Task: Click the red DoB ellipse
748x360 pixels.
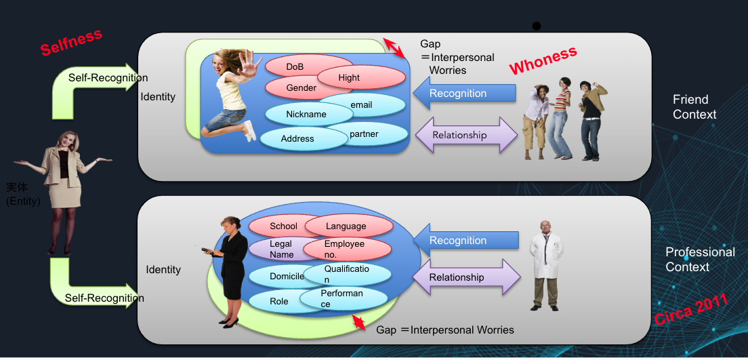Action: click(295, 66)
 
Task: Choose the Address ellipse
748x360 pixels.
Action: click(297, 139)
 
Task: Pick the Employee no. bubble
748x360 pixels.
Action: click(347, 249)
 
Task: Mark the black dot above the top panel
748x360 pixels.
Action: click(537, 26)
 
